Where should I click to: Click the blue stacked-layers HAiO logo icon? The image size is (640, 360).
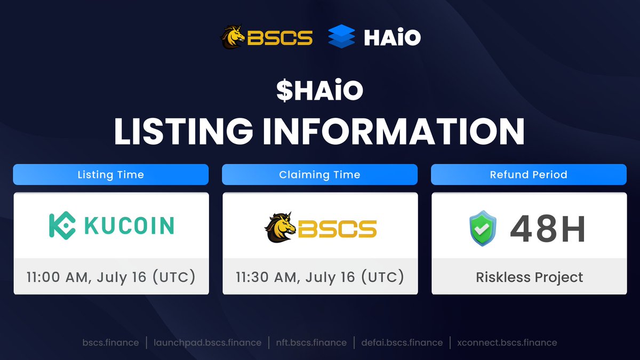(x=342, y=36)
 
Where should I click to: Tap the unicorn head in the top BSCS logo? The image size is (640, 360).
(x=233, y=37)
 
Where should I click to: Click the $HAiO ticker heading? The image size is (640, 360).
(x=319, y=90)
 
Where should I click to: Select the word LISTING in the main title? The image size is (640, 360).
(x=183, y=131)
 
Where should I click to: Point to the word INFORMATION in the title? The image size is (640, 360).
(x=394, y=131)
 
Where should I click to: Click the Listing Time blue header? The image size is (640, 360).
(x=111, y=174)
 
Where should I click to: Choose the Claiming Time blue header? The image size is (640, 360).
(x=319, y=174)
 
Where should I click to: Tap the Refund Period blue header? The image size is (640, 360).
(x=529, y=174)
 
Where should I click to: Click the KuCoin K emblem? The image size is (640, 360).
(x=62, y=225)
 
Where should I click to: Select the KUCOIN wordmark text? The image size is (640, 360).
(x=129, y=226)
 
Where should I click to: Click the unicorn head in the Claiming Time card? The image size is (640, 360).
(x=281, y=228)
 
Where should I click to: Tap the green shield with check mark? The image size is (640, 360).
(x=483, y=228)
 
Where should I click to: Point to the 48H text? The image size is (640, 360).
(x=547, y=229)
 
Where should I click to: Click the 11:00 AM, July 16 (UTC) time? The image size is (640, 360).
(x=111, y=277)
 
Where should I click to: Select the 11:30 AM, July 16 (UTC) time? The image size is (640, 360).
(x=319, y=277)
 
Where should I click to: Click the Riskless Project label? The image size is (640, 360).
(x=529, y=277)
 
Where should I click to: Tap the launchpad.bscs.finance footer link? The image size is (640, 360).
(x=207, y=342)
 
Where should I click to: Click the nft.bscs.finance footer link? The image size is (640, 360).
(x=311, y=342)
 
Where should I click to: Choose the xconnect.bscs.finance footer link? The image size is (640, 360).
(x=507, y=342)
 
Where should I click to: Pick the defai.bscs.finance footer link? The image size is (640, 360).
(x=402, y=342)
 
